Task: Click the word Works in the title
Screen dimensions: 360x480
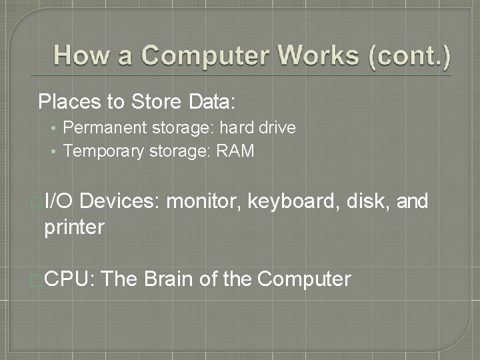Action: (x=313, y=55)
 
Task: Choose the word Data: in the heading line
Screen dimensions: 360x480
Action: (x=212, y=102)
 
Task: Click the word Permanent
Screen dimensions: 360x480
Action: (x=101, y=127)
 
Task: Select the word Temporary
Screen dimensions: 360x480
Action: (x=102, y=151)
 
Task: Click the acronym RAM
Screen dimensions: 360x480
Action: (x=235, y=151)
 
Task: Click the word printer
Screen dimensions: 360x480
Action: (x=74, y=227)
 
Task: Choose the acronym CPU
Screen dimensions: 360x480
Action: (x=70, y=279)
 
